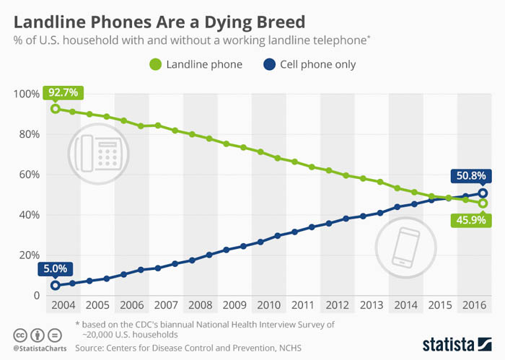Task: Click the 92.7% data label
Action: click(x=63, y=92)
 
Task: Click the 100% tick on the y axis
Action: click(x=26, y=94)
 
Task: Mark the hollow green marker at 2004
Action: click(x=55, y=109)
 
